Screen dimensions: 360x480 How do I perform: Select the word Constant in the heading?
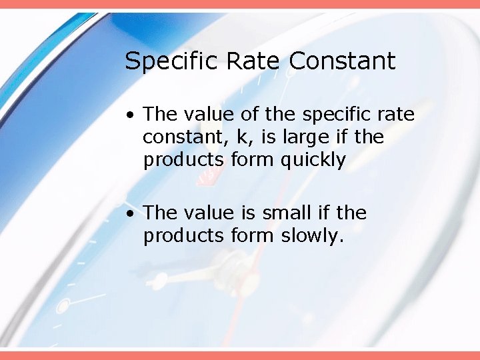point(342,61)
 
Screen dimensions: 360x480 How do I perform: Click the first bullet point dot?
point(133,115)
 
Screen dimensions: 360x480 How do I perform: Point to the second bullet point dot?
point(133,213)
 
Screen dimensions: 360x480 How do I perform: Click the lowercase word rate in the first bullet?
point(395,115)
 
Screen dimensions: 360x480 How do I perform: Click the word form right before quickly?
point(253,161)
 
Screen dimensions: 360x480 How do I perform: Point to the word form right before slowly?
point(253,235)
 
